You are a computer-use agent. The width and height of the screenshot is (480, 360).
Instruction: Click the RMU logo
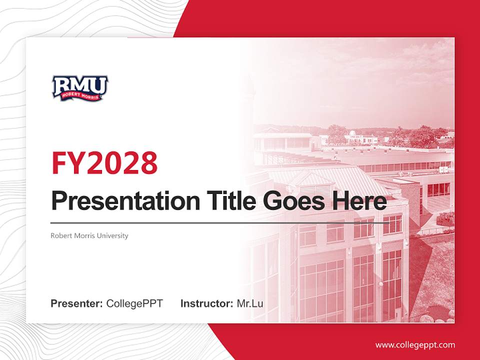80,88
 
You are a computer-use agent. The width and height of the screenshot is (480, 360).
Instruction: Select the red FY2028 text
104,162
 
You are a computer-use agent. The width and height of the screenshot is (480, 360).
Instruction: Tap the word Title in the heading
227,201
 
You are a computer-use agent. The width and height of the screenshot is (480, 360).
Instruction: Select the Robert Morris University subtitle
89,235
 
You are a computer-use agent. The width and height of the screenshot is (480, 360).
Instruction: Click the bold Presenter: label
77,303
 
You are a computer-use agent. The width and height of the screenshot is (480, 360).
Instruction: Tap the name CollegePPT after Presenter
134,303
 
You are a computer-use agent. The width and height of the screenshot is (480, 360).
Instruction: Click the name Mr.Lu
250,303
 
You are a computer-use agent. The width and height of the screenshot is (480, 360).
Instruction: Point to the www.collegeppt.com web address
415,345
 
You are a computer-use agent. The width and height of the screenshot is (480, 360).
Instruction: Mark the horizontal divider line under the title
220,223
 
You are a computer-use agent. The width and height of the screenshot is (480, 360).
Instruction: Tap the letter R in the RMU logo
62,85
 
